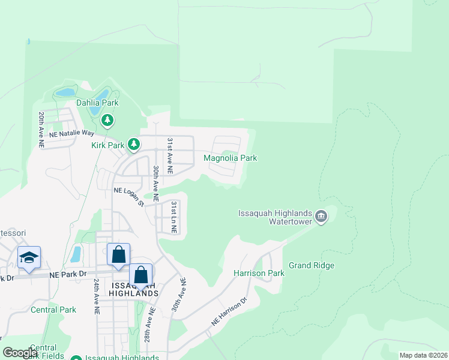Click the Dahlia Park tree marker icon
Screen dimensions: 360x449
(107, 121)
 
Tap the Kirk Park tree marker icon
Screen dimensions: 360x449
(134, 145)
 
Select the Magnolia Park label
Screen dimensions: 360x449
(231, 158)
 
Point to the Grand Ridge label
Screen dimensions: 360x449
(312, 265)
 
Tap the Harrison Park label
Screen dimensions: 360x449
(259, 273)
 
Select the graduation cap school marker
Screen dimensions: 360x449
(29, 258)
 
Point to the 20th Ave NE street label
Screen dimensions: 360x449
(41, 130)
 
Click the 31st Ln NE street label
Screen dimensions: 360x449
(173, 217)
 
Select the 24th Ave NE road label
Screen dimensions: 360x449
(96, 296)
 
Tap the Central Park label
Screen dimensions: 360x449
(53, 310)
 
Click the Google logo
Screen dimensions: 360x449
(20, 353)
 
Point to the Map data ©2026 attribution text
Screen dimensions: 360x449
(423, 355)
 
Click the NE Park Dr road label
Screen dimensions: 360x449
(65, 275)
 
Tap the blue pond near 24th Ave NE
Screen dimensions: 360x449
(76, 254)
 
